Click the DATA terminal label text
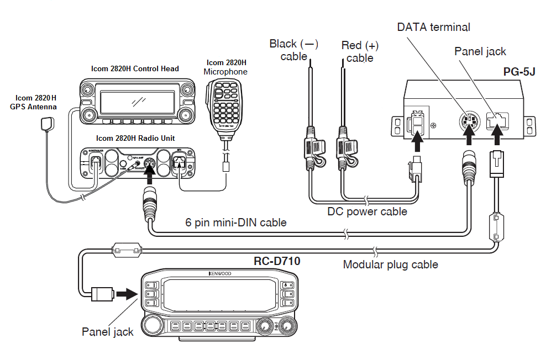[433, 27]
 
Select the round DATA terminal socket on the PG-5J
[468, 120]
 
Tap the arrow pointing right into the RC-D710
[127, 293]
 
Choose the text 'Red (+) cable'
[360, 51]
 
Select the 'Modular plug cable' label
[390, 264]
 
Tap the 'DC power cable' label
[367, 211]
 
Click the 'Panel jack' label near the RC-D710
[108, 332]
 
